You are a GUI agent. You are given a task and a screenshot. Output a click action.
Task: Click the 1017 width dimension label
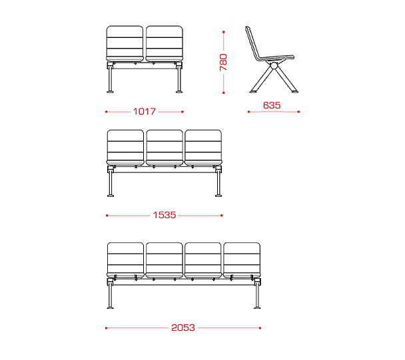144,112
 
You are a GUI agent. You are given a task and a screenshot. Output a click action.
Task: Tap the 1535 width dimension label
165,215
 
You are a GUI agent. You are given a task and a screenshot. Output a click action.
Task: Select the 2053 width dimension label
183,327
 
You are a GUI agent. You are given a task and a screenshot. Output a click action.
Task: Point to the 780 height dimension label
223,62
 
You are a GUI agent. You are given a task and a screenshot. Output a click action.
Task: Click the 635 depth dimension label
272,105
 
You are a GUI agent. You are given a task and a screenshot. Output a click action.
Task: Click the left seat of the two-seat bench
125,44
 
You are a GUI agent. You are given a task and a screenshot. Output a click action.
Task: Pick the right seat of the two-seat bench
165,44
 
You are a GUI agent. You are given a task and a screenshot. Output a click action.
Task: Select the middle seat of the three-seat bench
165,148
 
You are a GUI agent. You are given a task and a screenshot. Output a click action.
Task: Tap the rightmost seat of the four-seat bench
242,260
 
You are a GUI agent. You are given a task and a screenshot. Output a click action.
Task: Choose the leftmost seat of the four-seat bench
125,260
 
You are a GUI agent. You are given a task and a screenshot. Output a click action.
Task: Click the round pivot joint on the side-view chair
274,66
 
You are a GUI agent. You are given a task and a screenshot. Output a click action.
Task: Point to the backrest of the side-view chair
252,43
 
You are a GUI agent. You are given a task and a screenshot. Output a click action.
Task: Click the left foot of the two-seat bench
111,92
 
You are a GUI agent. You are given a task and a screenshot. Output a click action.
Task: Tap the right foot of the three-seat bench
218,196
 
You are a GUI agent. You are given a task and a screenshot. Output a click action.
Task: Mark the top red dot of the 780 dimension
223,32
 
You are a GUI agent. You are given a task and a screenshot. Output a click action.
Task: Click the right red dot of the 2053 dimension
260,328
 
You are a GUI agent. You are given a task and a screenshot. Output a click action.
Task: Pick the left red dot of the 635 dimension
248,112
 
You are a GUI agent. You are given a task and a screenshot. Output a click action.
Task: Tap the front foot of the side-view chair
294,91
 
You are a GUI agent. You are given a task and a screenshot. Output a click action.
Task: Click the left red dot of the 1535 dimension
107,216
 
